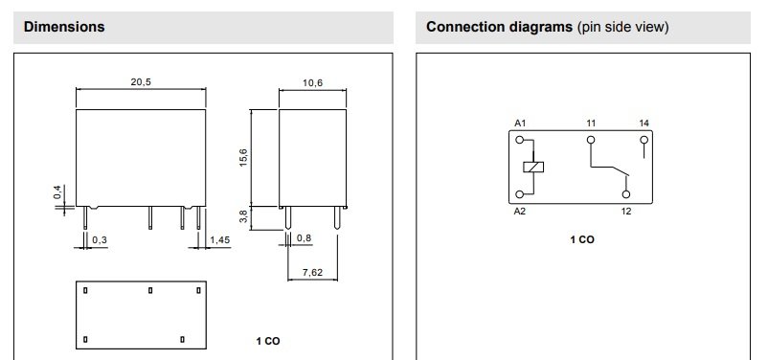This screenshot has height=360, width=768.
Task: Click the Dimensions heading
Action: click(x=64, y=27)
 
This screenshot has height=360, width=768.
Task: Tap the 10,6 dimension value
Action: click(x=312, y=83)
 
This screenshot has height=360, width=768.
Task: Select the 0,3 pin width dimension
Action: click(x=100, y=240)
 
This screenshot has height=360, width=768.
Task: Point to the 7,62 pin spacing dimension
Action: click(x=313, y=273)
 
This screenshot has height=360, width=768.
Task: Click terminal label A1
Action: click(x=520, y=124)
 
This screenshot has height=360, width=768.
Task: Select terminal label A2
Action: click(x=520, y=211)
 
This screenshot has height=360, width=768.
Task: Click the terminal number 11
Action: click(x=591, y=124)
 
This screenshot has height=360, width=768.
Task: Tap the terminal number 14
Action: click(x=644, y=124)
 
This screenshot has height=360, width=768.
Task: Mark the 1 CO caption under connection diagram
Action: click(x=582, y=239)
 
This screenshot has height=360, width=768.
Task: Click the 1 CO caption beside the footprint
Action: click(x=268, y=341)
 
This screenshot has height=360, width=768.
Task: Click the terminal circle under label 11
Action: click(x=591, y=140)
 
